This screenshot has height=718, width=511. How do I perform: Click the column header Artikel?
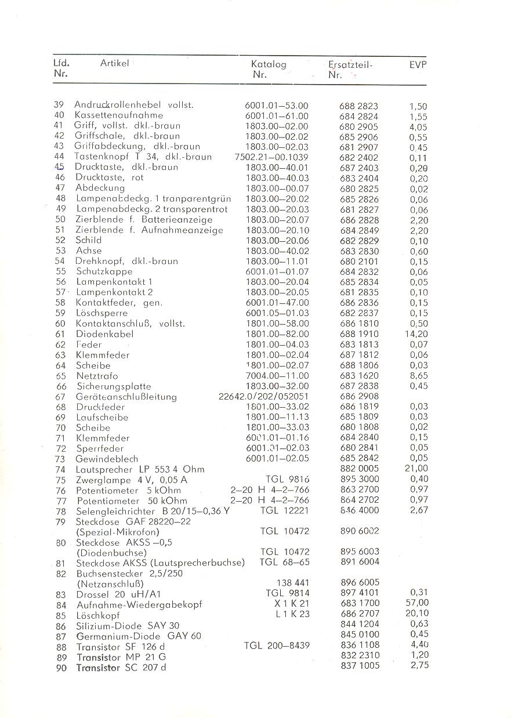pos(114,63)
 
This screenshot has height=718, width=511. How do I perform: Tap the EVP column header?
pos(418,65)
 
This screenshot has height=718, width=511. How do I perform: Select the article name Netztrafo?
pos(97,376)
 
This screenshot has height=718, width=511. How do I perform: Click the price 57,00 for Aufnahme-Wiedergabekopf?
pos(417,603)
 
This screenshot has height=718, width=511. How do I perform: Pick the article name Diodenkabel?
pos(105,334)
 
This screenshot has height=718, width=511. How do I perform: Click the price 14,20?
pos(416,334)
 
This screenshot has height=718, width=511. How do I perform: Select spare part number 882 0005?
pos(360,469)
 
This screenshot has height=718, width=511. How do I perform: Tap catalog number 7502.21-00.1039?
pos(271,157)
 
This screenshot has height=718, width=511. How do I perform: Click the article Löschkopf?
pos(98,614)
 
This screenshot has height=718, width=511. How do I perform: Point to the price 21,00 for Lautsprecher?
pos(416,469)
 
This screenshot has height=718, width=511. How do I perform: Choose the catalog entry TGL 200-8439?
pos(277,645)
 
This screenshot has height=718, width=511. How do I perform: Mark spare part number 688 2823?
pos(359,106)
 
